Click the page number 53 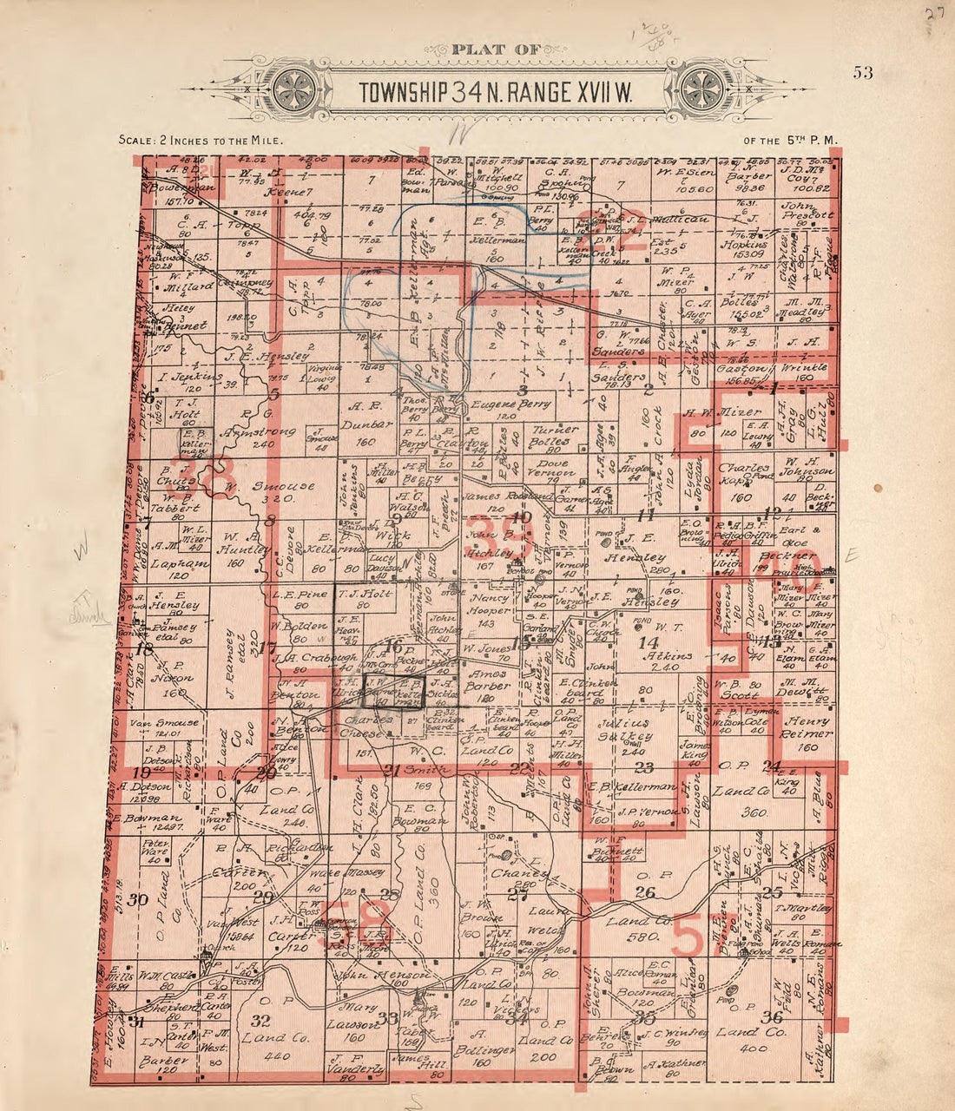(862, 72)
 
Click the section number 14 (648, 642)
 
